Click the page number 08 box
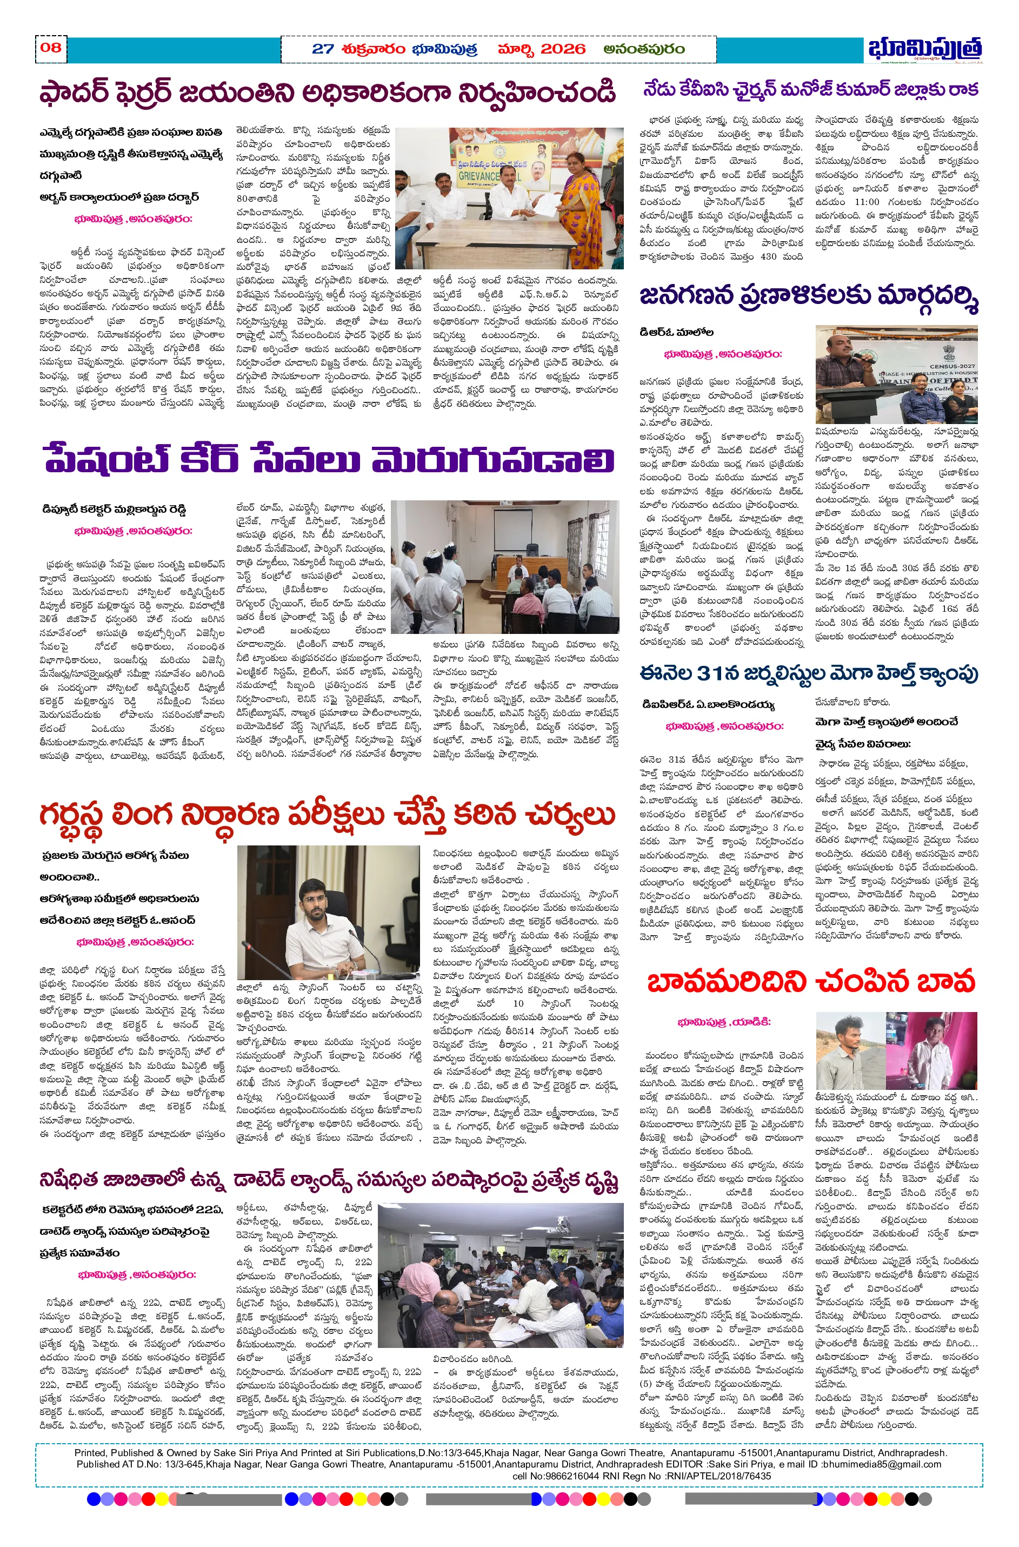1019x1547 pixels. (51, 48)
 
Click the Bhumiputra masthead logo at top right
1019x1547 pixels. (925, 49)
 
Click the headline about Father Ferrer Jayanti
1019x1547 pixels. (327, 92)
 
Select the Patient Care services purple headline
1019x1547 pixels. (328, 460)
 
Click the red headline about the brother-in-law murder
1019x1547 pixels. (811, 981)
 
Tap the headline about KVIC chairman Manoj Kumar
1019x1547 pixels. (810, 89)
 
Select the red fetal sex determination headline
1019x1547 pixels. (327, 814)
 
